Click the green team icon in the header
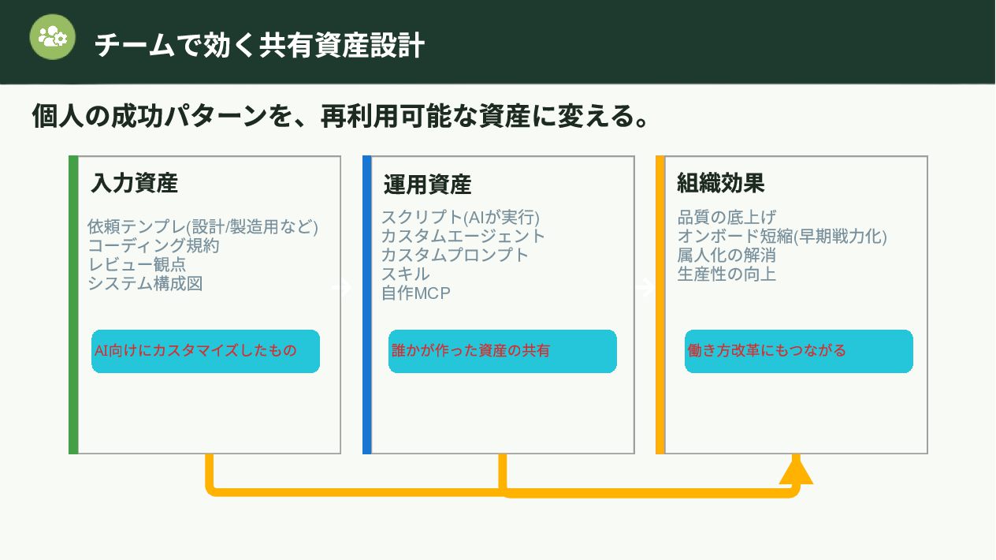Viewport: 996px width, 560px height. click(x=53, y=37)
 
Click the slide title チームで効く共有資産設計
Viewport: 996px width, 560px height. click(x=259, y=45)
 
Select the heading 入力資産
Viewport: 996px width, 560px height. click(x=134, y=183)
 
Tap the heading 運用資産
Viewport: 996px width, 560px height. click(x=427, y=185)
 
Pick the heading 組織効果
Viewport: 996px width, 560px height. click(x=720, y=183)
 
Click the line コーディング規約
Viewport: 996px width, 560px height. click(x=154, y=245)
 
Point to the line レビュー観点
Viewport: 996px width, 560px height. click(x=137, y=264)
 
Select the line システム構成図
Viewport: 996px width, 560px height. click(x=145, y=283)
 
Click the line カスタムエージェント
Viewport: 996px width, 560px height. click(x=463, y=235)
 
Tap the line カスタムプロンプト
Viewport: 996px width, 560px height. click(x=455, y=255)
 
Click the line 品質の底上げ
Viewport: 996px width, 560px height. click(x=727, y=217)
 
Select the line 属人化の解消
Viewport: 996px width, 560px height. click(x=727, y=255)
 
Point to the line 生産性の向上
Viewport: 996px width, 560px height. click(x=727, y=274)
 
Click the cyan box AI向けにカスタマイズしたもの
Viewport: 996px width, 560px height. click(x=206, y=351)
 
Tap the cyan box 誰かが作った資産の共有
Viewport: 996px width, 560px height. click(x=502, y=351)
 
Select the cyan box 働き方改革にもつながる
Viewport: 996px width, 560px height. click(x=798, y=351)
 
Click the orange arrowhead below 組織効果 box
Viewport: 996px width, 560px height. click(x=796, y=471)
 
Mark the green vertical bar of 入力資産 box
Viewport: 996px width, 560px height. click(x=73, y=304)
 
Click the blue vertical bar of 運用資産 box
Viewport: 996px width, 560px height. click(x=366, y=304)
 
